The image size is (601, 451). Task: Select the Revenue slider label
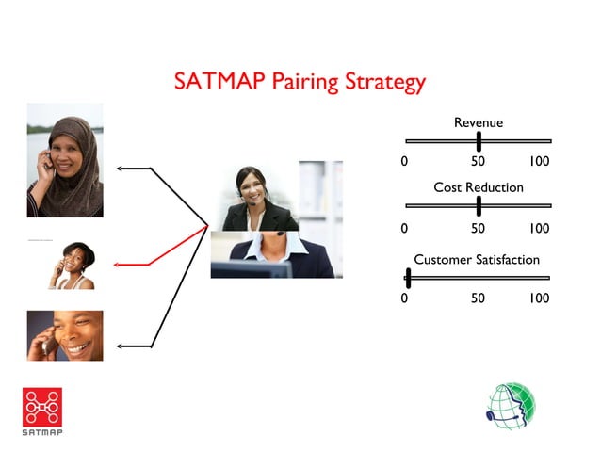click(478, 122)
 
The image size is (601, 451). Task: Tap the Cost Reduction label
click(478, 187)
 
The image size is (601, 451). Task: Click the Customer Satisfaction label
click(477, 259)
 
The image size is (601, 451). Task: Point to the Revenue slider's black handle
click(479, 141)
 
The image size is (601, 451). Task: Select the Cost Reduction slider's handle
click(479, 205)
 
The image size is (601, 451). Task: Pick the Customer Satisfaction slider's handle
click(408, 277)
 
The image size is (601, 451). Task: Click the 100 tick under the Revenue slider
click(539, 162)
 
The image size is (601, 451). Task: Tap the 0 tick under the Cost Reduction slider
click(404, 228)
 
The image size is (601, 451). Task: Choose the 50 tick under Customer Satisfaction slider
click(478, 298)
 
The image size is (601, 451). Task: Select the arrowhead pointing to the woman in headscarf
click(119, 169)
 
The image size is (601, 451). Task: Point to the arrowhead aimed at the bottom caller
click(119, 346)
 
